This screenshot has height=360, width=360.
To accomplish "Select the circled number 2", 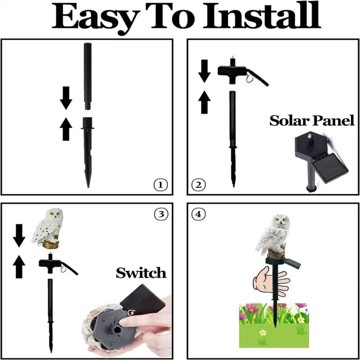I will tap(198, 184).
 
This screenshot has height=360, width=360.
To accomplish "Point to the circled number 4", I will tap(198, 214).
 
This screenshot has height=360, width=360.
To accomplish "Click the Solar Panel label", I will tap(311, 121).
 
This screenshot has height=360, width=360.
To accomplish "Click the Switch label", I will tap(141, 272).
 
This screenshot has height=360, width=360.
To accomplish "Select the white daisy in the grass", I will tap(262, 333).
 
